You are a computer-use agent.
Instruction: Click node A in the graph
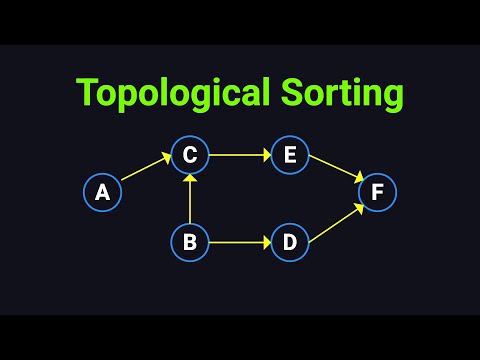(x=102, y=193)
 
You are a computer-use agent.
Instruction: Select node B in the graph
(x=190, y=242)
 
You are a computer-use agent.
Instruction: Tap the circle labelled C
(x=190, y=155)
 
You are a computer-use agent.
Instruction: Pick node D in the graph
(x=290, y=242)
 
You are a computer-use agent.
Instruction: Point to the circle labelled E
(x=290, y=155)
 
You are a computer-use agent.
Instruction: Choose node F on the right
(x=377, y=193)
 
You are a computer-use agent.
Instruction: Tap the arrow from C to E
(x=240, y=155)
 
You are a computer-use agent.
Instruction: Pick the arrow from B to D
(x=240, y=242)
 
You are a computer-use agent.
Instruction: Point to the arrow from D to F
(x=334, y=224)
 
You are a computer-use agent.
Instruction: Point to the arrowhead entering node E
(x=267, y=155)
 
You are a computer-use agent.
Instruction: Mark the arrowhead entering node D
(x=267, y=242)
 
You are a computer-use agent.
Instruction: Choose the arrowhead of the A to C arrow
(x=168, y=159)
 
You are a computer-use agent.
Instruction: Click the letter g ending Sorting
(x=392, y=97)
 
